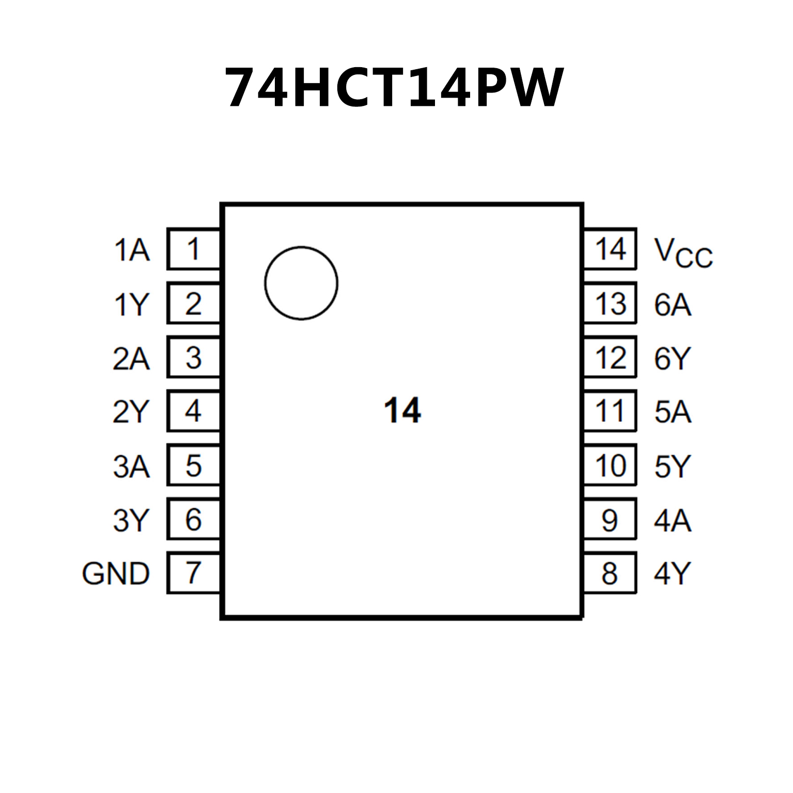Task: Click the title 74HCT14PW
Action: pyautogui.click(x=394, y=87)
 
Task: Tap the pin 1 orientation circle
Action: pyautogui.click(x=301, y=283)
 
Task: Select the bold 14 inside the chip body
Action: pyautogui.click(x=402, y=411)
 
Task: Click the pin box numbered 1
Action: pyautogui.click(x=194, y=249)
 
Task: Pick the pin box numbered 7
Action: pyautogui.click(x=194, y=572)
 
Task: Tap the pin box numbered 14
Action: pyautogui.click(x=610, y=249)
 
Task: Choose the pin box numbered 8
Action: pyautogui.click(x=610, y=572)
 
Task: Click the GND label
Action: pyautogui.click(x=116, y=573)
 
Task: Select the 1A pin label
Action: pyautogui.click(x=132, y=251)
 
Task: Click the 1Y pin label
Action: pyautogui.click(x=131, y=305)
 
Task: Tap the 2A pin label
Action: pyautogui.click(x=131, y=359)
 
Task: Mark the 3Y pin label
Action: pyautogui.click(x=131, y=520)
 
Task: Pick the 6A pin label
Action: pyautogui.click(x=673, y=305)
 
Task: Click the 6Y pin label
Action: pyautogui.click(x=673, y=359)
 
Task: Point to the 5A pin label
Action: pyautogui.click(x=673, y=412)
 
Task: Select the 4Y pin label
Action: pyautogui.click(x=673, y=573)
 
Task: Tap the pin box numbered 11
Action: pyautogui.click(x=610, y=411)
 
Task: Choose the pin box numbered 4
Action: pyautogui.click(x=194, y=411)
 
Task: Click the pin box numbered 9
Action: pyautogui.click(x=610, y=519)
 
